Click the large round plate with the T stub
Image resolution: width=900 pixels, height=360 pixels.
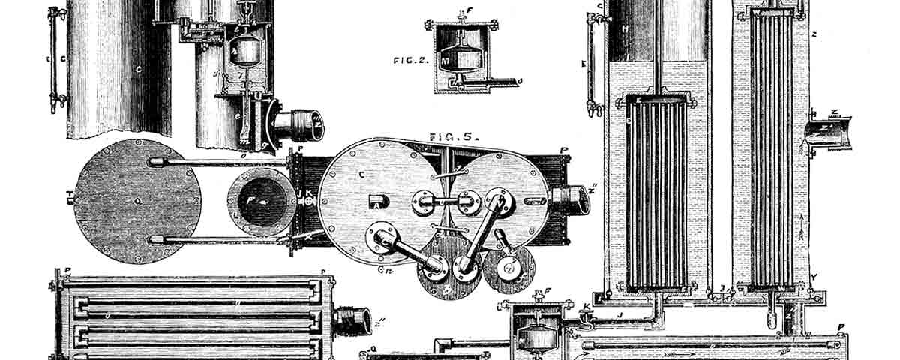coord(137,201)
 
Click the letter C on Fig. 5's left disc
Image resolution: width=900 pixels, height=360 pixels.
coord(361,175)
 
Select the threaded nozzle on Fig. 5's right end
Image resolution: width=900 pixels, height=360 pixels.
coord(571,199)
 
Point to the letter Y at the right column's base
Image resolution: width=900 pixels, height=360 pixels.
coord(813,277)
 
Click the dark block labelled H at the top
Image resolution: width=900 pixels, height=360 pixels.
coord(625,30)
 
